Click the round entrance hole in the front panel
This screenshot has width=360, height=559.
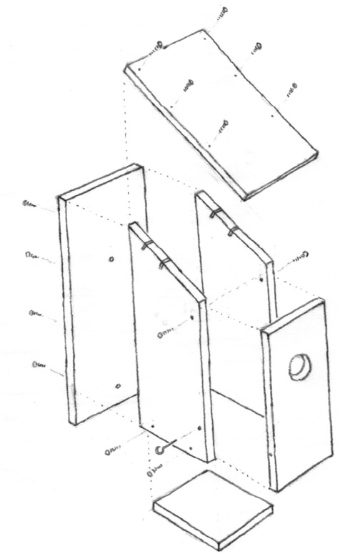pyautogui.click(x=299, y=367)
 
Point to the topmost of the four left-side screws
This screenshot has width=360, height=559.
pyautogui.click(x=31, y=204)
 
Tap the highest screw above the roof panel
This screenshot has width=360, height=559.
pyautogui.click(x=222, y=12)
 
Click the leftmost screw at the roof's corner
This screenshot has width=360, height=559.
pyautogui.click(x=158, y=48)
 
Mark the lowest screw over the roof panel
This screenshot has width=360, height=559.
pyautogui.click(x=222, y=127)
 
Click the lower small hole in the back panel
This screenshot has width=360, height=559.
pyautogui.click(x=116, y=386)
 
